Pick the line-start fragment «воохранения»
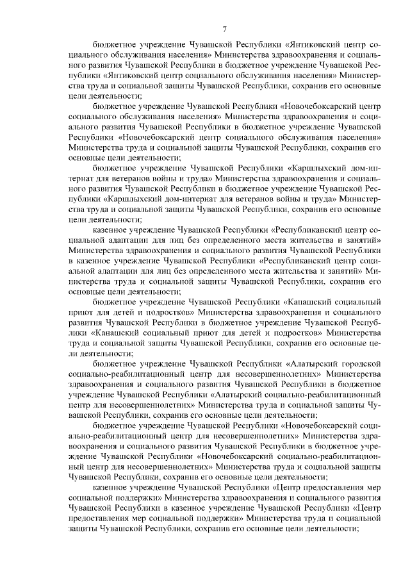coord(95,446)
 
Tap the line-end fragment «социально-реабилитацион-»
coord(328,456)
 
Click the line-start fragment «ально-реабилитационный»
coord(112,436)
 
